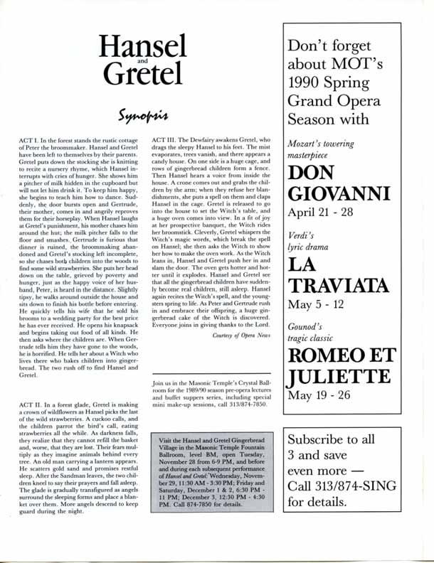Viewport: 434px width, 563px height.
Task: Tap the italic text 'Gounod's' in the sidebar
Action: click(x=307, y=336)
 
